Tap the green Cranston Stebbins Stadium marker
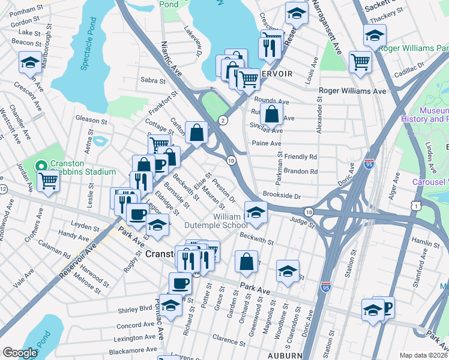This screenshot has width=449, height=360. pos(41,165)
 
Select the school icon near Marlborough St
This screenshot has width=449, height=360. pos(29,62)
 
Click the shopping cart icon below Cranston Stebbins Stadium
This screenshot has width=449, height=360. pos(47,181)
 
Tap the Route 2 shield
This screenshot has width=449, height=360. pos(223,120)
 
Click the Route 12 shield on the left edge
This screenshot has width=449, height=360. pos(3,190)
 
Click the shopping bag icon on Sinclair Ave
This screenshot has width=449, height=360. pos(271,113)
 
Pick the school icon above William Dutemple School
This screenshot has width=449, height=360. pos(256,212)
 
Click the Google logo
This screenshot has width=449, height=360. pos(20,353)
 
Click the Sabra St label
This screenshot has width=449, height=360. pos(152,80)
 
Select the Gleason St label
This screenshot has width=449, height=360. pos(91,119)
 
